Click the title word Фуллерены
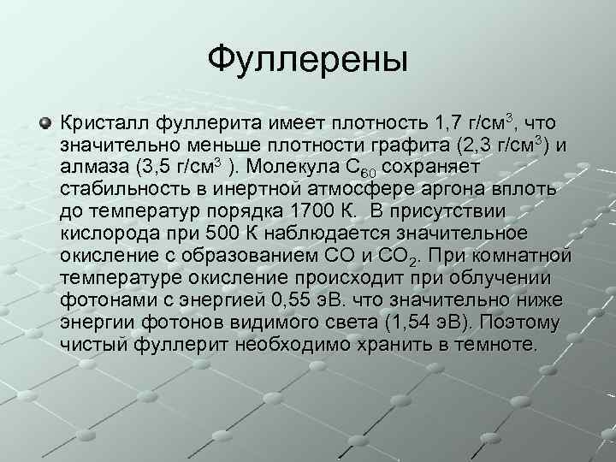(x=308, y=59)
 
